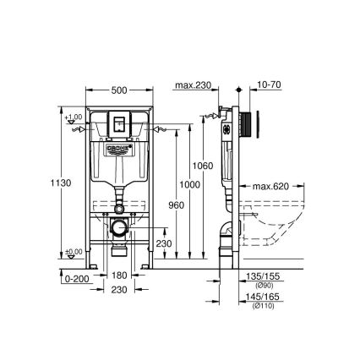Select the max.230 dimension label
point(193,85)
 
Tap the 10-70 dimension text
point(270,85)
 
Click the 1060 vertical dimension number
point(203,166)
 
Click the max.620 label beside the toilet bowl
point(270,185)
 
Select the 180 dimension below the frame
point(119,275)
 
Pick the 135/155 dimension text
point(259,275)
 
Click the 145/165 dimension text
point(259,297)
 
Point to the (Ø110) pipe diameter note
point(259,305)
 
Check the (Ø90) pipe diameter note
point(259,284)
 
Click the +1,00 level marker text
point(75,117)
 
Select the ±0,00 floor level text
point(75,251)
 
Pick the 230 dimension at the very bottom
point(119,290)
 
